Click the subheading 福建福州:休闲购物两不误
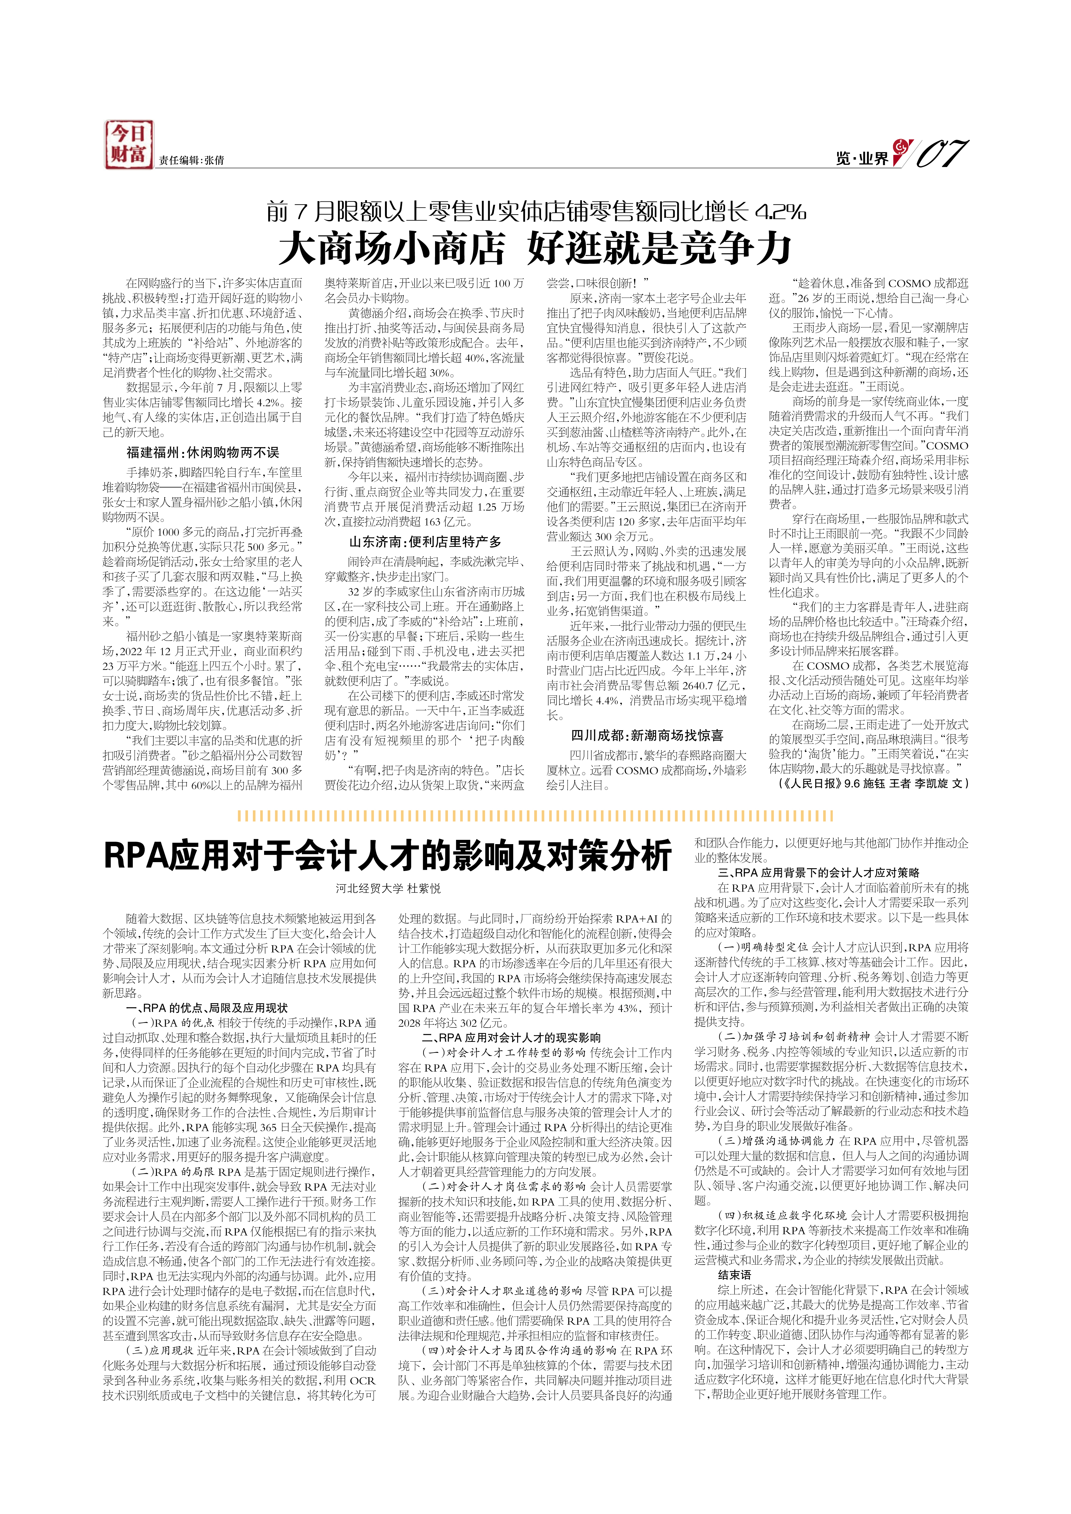point(202,452)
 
